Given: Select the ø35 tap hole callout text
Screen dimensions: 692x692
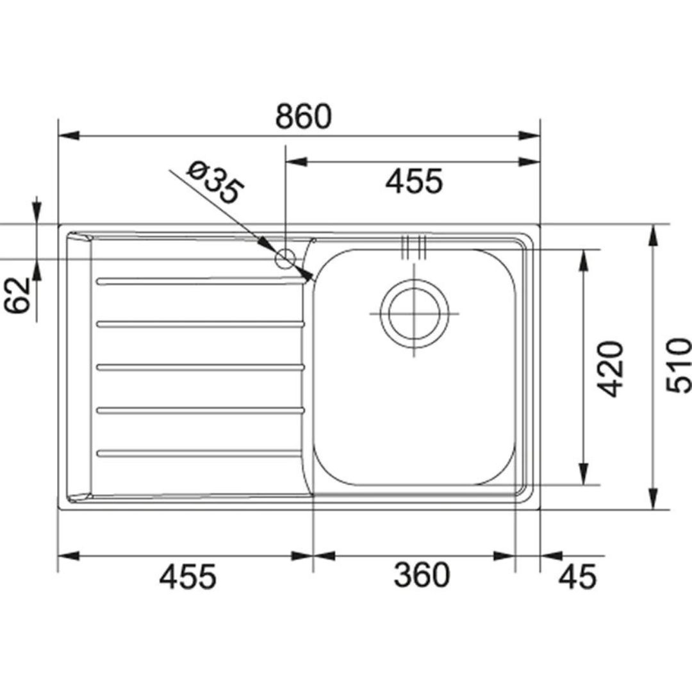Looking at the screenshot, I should tap(215, 182).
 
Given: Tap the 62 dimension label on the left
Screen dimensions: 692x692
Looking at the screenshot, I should tap(21, 295).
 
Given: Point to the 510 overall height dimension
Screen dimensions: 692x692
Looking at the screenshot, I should tap(678, 366).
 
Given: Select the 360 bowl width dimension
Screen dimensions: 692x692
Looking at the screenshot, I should tap(421, 575).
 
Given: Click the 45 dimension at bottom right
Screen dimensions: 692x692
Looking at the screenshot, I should tap(577, 576).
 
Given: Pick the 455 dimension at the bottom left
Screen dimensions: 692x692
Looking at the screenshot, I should tap(188, 576).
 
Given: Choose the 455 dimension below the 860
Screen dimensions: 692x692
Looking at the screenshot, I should tap(413, 182).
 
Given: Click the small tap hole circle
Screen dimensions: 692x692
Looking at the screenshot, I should tap(284, 258).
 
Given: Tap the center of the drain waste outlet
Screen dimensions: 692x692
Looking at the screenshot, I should tap(414, 313).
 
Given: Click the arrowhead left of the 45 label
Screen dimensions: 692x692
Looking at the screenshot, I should tap(551, 556).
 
